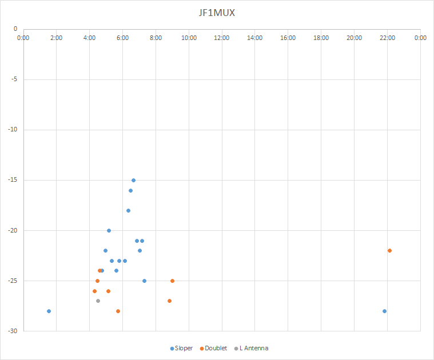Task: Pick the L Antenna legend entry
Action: [253, 348]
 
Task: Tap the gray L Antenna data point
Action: [98, 301]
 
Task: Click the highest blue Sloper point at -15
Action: [133, 180]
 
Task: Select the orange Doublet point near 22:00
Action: [389, 250]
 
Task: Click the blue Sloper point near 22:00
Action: [384, 311]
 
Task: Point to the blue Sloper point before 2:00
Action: [49, 311]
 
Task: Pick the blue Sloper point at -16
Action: [130, 190]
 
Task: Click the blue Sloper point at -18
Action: [128, 210]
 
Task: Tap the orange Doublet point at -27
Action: [169, 301]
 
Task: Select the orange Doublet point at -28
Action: [118, 311]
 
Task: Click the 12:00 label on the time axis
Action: [222, 38]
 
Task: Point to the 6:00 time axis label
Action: [122, 38]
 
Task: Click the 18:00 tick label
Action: [321, 38]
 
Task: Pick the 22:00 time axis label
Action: [387, 38]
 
